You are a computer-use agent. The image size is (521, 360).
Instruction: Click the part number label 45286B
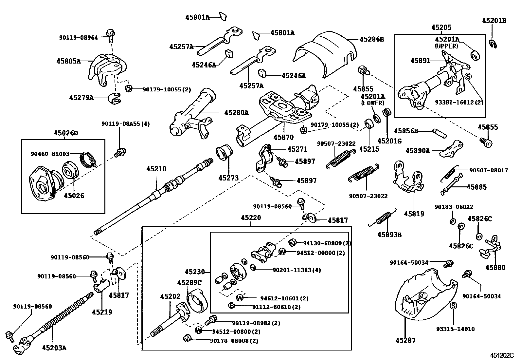[x=372, y=39]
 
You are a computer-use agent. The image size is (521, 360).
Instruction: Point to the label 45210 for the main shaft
[x=156, y=169]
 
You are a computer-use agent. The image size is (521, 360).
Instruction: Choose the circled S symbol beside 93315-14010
[x=453, y=306]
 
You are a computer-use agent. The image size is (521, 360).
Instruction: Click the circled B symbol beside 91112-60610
[x=232, y=306]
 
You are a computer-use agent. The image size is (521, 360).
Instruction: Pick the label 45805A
[x=68, y=61]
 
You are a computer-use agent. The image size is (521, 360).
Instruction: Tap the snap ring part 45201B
[x=494, y=43]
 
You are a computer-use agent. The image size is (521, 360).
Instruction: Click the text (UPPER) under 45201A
[x=446, y=46]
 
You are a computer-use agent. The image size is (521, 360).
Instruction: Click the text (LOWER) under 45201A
[x=372, y=103]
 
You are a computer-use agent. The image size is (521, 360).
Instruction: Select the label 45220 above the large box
[x=251, y=218]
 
